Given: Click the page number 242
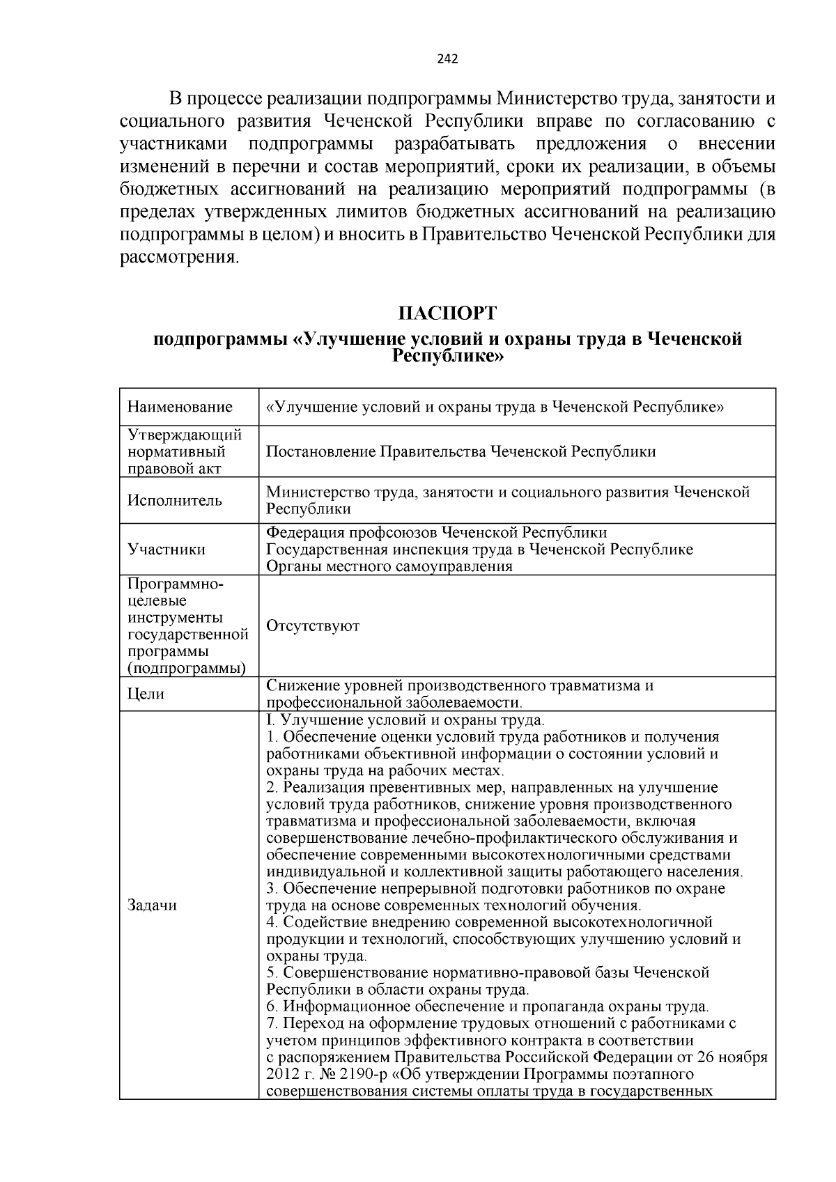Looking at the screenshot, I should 447,59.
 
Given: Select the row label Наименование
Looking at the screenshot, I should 180,407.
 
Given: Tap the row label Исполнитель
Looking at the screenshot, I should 175,500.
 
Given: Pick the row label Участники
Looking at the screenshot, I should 167,549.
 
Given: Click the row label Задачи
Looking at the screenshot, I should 152,905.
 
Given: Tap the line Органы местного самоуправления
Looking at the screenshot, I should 389,566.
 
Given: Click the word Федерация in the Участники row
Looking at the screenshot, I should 301,532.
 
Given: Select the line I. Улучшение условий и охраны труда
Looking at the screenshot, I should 405,720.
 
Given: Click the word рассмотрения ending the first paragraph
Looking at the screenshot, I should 180,257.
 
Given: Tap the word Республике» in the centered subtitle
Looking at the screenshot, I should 447,356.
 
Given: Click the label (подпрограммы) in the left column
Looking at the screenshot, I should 187,668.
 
